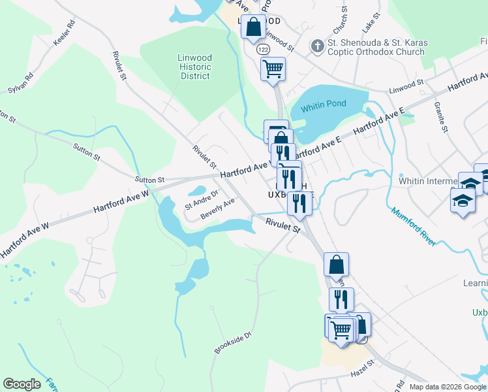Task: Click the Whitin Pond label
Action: (324, 105)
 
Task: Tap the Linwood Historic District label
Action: (194, 67)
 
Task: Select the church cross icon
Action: (317, 46)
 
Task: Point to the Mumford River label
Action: (414, 226)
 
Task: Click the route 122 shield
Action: (263, 50)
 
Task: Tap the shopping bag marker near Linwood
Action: (254, 27)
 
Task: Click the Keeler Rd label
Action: (65, 33)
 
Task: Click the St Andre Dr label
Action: (200, 204)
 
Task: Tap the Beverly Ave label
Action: (217, 209)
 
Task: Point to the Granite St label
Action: (440, 118)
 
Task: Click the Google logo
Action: (22, 384)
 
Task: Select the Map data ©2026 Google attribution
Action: (448, 387)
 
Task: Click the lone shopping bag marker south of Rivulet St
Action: (336, 265)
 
